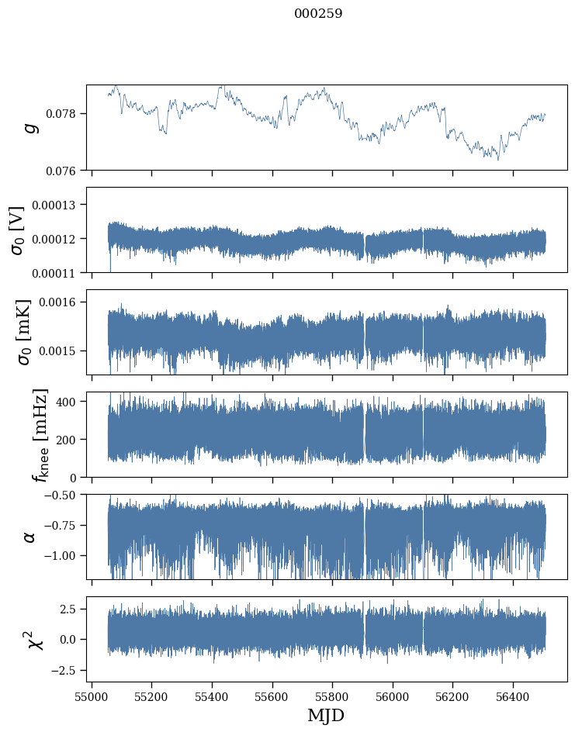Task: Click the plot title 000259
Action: (318, 14)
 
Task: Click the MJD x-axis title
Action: (326, 715)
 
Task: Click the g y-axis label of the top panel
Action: (31, 127)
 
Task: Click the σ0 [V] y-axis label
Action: (17, 230)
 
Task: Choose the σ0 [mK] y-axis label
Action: (17, 332)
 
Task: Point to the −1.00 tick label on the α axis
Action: (63, 556)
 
